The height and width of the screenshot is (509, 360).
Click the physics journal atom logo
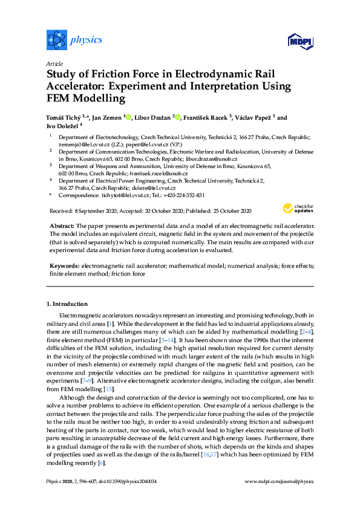click(56, 41)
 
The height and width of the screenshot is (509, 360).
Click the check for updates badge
click(297, 208)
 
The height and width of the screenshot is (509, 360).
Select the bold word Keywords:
click(64, 265)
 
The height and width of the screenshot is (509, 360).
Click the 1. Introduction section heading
click(67, 303)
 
